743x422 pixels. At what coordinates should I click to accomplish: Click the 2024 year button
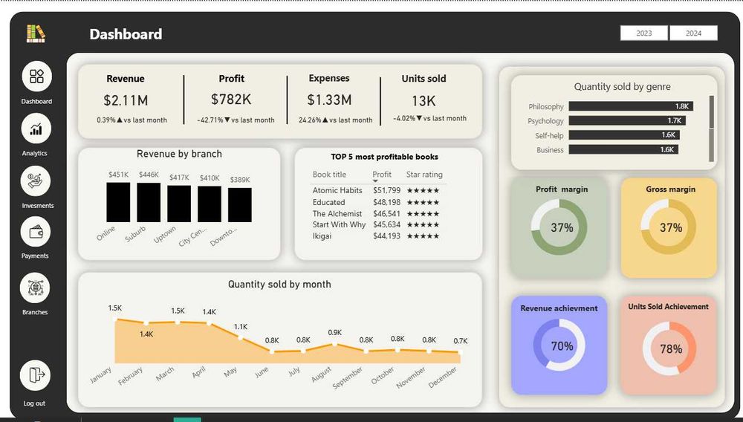(x=693, y=33)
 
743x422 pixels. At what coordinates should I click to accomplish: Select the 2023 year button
(x=644, y=33)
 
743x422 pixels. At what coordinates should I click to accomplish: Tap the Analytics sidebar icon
(x=36, y=129)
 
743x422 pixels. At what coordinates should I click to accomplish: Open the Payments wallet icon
(x=36, y=232)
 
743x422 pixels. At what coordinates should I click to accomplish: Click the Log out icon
(x=36, y=375)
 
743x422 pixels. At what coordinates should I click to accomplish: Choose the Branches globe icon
(x=35, y=288)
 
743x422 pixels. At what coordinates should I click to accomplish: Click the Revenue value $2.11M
(x=126, y=100)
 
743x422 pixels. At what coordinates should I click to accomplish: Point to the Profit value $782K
(x=231, y=100)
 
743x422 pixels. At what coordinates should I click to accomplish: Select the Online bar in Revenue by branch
(x=118, y=203)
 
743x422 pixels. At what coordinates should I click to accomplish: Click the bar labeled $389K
(x=240, y=205)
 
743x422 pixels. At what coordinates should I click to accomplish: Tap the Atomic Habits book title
(x=337, y=190)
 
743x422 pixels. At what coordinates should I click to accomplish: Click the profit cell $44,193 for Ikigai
(x=386, y=236)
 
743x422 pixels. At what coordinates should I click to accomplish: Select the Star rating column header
(x=424, y=175)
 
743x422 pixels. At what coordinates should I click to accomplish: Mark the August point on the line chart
(x=335, y=344)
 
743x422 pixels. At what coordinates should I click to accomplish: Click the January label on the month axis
(x=100, y=375)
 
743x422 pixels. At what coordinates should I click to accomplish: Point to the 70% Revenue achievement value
(x=562, y=346)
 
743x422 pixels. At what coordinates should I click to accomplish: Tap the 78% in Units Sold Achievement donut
(x=671, y=348)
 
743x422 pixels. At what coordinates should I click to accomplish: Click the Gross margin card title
(x=670, y=189)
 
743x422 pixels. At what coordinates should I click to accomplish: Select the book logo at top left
(x=36, y=33)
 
